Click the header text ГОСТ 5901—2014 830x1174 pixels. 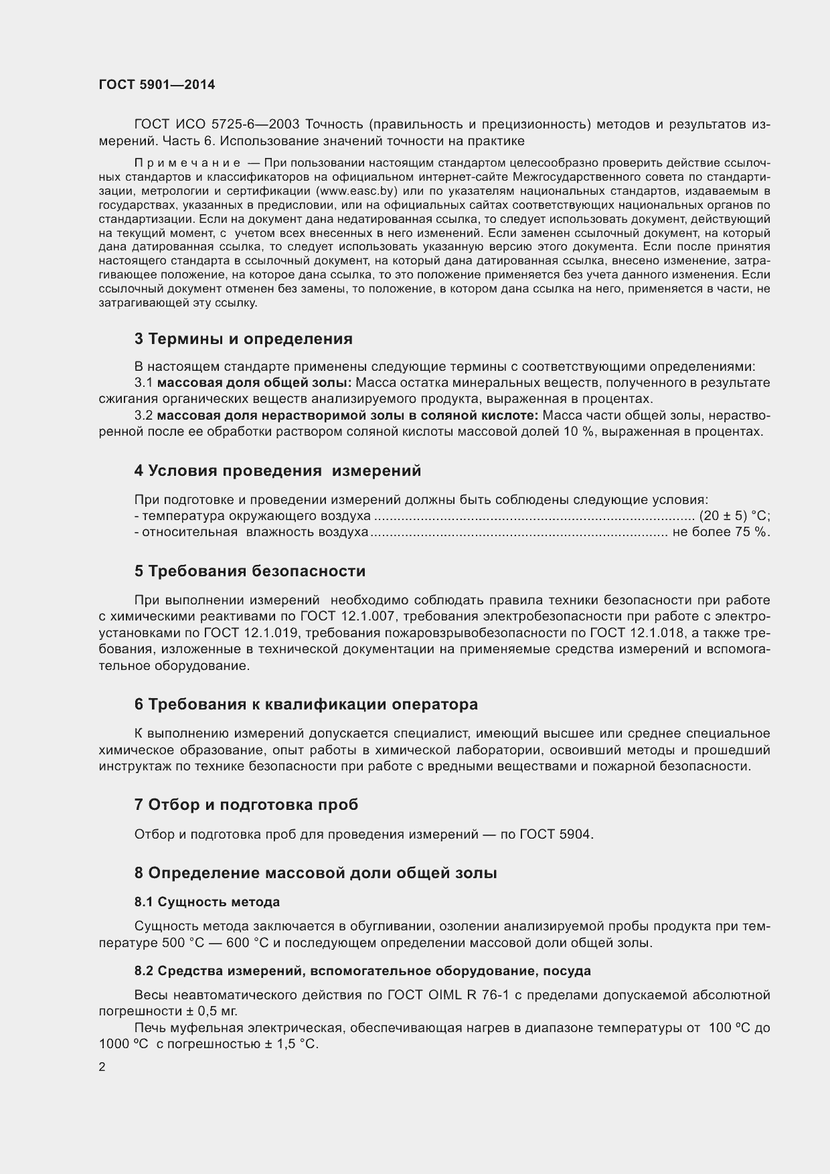tap(157, 85)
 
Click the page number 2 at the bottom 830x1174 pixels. tap(102, 1068)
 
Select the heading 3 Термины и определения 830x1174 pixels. tap(243, 339)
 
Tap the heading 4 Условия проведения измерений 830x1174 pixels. tap(277, 471)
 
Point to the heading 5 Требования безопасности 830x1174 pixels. tap(250, 571)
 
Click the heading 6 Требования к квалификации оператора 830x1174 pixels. tap(306, 704)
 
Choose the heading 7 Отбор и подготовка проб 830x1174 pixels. tap(246, 805)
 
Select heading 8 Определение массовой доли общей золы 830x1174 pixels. tap(315, 873)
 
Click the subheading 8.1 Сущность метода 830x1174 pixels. tap(207, 902)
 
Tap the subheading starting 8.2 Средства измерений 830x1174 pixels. tap(362, 971)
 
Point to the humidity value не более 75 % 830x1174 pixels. tap(721, 532)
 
